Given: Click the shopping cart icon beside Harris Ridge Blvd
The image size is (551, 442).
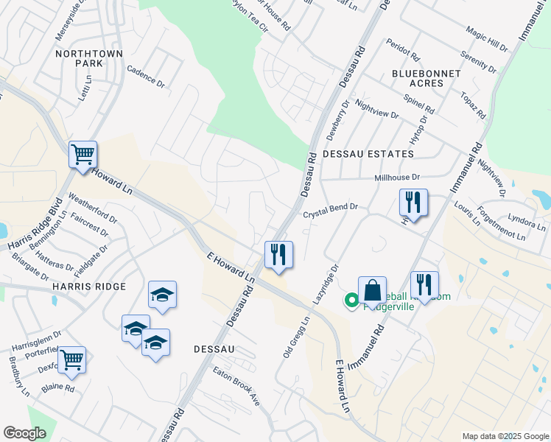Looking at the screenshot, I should [83, 155].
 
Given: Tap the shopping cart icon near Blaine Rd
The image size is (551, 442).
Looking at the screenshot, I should [71, 360].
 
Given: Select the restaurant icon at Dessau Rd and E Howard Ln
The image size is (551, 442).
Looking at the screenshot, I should [278, 255].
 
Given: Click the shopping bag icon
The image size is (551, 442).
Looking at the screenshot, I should [372, 290].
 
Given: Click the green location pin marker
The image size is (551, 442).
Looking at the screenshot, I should [351, 301].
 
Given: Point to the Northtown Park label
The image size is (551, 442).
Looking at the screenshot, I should [78, 59].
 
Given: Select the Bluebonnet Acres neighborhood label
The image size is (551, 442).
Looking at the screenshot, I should [427, 78].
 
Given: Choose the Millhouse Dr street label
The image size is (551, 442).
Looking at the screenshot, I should [396, 178].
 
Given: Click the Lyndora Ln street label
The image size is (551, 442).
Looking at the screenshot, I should [524, 220].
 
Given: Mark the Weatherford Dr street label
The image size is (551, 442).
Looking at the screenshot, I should [92, 208].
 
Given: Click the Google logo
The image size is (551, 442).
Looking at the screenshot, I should [24, 433].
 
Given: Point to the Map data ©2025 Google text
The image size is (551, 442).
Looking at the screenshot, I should [505, 436].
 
